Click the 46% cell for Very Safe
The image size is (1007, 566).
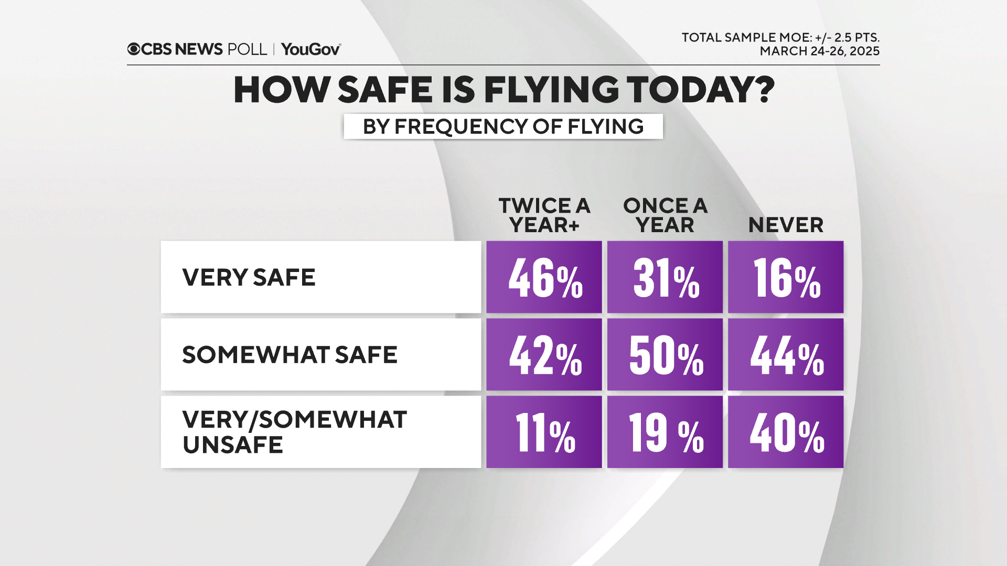pyautogui.click(x=544, y=277)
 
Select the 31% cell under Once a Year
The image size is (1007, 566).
pyautogui.click(x=665, y=277)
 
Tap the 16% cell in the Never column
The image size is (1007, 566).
pyautogui.click(x=786, y=277)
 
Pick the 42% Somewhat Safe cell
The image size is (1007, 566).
pyautogui.click(x=544, y=355)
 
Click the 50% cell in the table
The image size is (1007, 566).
pyautogui.click(x=665, y=355)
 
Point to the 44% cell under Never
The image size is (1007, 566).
pyautogui.click(x=786, y=355)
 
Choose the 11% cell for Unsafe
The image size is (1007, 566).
pyautogui.click(x=544, y=432)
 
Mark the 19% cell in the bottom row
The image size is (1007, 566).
pyautogui.click(x=665, y=432)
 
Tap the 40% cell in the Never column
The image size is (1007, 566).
pyautogui.click(x=786, y=432)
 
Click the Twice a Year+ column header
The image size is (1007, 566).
pyautogui.click(x=544, y=215)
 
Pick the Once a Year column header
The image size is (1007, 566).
pyautogui.click(x=665, y=215)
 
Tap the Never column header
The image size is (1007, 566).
pyautogui.click(x=786, y=225)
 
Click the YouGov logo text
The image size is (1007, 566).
pyautogui.click(x=310, y=49)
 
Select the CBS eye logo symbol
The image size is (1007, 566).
pyautogui.click(x=134, y=49)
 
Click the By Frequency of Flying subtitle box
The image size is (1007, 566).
pyautogui.click(x=503, y=126)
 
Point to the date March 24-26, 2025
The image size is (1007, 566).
pyautogui.click(x=819, y=51)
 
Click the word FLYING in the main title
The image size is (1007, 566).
pyautogui.click(x=551, y=90)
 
